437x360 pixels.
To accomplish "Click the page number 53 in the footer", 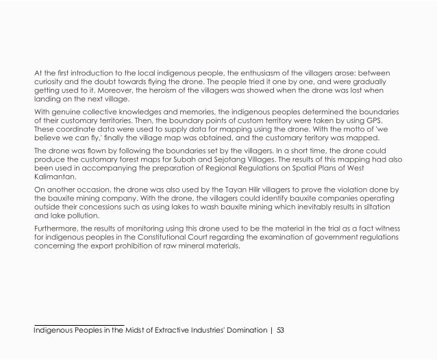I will [279, 331].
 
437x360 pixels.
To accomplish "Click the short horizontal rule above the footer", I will [79, 324].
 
